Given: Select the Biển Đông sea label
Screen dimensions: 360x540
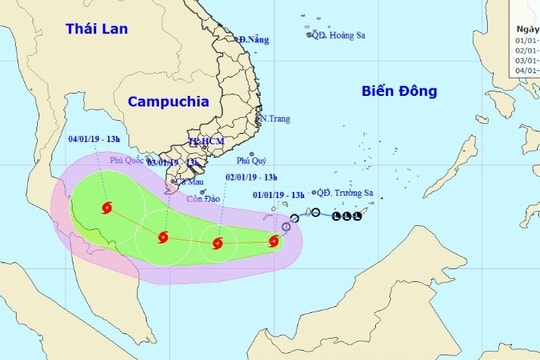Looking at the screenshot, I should (x=399, y=91).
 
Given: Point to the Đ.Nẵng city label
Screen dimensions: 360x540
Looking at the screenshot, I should (x=254, y=39).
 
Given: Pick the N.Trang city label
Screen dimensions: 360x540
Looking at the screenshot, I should (x=274, y=118).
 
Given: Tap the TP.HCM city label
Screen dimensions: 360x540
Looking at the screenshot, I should (x=206, y=142).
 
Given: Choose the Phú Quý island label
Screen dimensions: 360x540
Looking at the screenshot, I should (x=252, y=160).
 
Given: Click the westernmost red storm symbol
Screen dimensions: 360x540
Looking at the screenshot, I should (x=106, y=208).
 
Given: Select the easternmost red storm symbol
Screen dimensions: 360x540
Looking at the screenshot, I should (x=273, y=240).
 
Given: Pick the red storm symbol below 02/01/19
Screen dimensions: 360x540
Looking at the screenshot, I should (x=216, y=242).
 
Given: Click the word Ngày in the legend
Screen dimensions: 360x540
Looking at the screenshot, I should (x=526, y=30).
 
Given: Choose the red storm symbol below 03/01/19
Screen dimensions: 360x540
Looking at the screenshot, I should (x=162, y=237).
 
